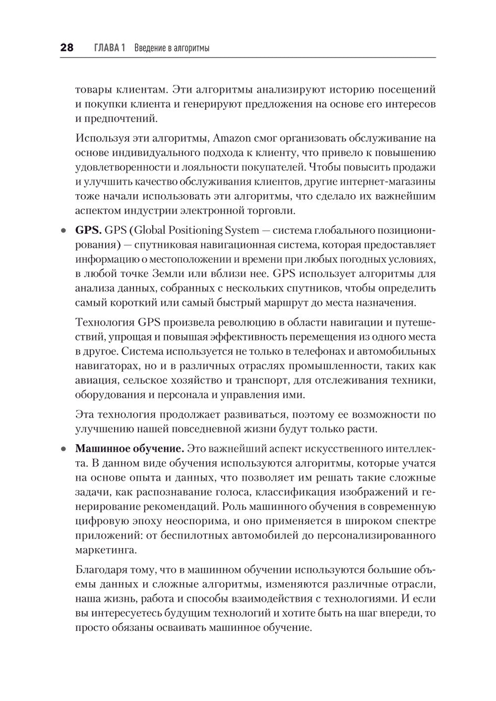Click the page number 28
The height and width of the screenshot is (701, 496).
(x=66, y=48)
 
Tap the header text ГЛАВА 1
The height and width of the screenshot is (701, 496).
(x=108, y=48)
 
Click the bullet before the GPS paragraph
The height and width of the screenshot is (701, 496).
(x=63, y=231)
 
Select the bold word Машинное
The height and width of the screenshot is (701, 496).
(x=102, y=449)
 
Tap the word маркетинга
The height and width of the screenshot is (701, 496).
(x=104, y=550)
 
